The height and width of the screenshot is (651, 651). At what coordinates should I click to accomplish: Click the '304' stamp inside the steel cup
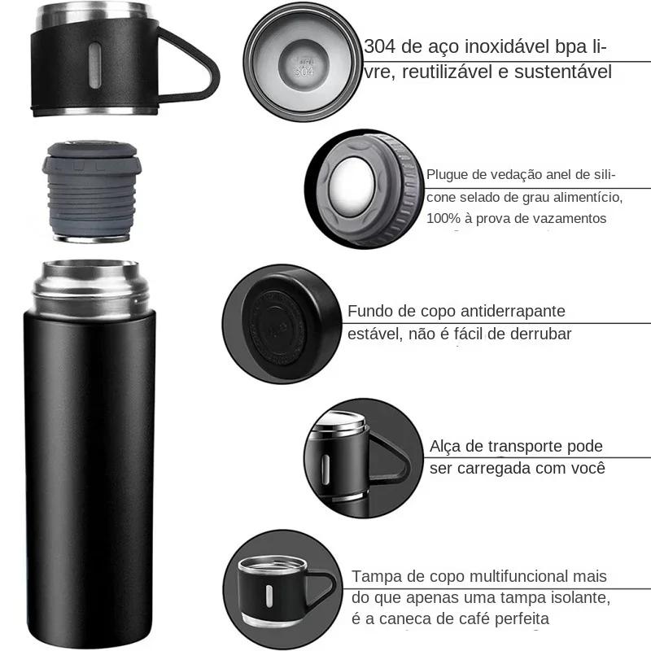[x=302, y=68]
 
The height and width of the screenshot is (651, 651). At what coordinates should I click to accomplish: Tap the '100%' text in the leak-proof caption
[x=444, y=218]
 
